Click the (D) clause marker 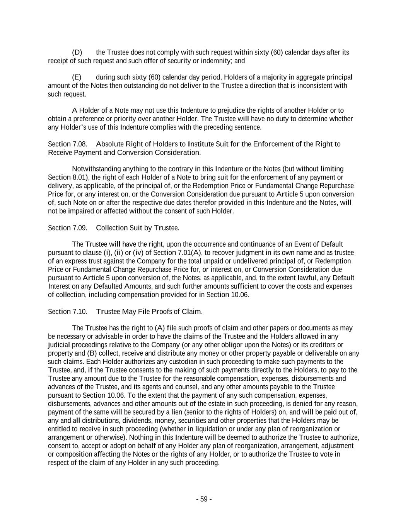click(77, 53)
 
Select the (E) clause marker click(77, 77)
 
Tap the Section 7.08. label click(67, 144)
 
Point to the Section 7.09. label click(67, 228)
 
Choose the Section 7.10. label click(67, 312)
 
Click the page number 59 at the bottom click(203, 499)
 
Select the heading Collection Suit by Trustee click(137, 228)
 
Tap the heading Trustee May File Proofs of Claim click(149, 312)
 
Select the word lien click(176, 412)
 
